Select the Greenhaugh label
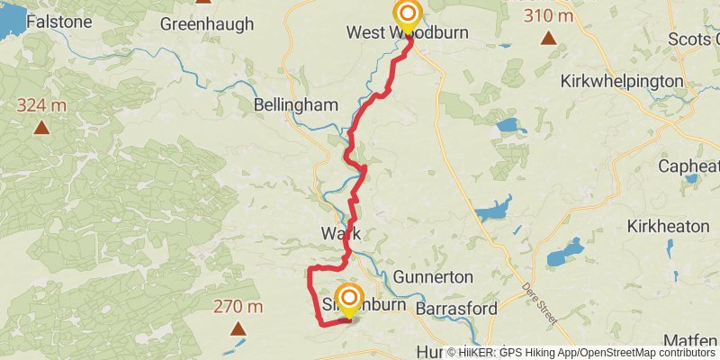pos(207,24)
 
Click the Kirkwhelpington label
pos(622,81)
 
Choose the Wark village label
pos(341,233)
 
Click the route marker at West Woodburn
pos(409,13)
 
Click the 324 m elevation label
pos(41,106)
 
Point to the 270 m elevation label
pos(238,307)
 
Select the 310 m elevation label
pos(549,17)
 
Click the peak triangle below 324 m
pos(41,127)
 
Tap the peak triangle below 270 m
pos(238,328)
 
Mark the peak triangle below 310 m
pos(549,38)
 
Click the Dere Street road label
pos(542,305)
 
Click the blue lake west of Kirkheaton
pos(564,251)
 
